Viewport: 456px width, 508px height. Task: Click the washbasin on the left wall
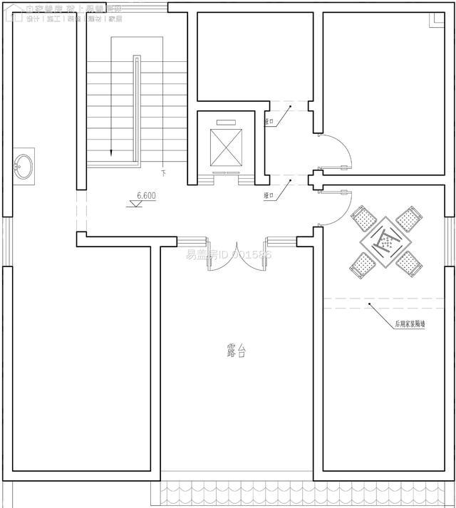[x=24, y=166]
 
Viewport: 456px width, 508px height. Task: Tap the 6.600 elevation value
[x=147, y=195]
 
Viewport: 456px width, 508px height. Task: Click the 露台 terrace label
[x=236, y=351]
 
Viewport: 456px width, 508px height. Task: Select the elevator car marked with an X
[x=227, y=148]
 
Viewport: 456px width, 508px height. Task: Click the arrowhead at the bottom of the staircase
[x=112, y=154]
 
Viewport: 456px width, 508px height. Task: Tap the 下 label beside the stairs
[x=162, y=173]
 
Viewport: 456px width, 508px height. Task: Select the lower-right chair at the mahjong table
[x=407, y=264]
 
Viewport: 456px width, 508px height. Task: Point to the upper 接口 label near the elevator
[x=269, y=122]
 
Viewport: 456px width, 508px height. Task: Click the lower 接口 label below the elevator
[x=269, y=195]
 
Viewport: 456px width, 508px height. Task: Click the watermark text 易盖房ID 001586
[x=229, y=254]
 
